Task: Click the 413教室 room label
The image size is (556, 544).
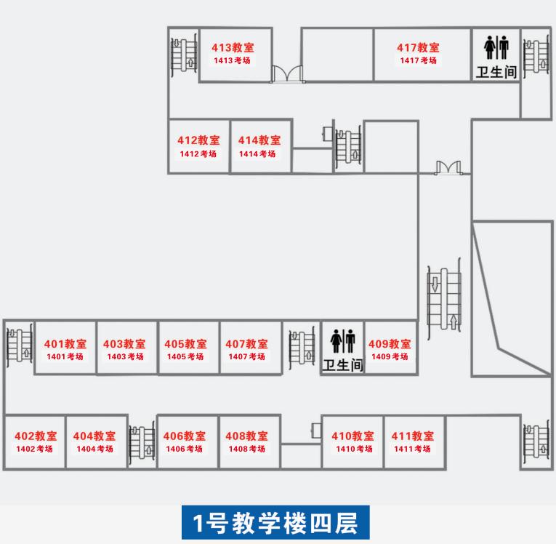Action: pos(233,47)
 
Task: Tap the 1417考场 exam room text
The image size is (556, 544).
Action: pos(418,60)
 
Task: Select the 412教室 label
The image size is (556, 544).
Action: pos(198,140)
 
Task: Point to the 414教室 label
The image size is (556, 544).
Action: pos(259,140)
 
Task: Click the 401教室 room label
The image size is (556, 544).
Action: pos(65,344)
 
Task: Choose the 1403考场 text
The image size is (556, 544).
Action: pos(125,357)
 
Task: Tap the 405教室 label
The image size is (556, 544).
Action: pos(185,344)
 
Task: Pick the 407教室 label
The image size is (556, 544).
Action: pos(246,344)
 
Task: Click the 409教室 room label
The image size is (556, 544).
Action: pos(390,344)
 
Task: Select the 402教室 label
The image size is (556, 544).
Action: pos(36,436)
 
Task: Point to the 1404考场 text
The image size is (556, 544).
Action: pos(94,449)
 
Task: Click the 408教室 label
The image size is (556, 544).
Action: pos(246,436)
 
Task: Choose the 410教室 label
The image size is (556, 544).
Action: pos(352,436)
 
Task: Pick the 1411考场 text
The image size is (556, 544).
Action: pos(413,449)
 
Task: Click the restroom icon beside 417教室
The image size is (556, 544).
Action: pos(496,48)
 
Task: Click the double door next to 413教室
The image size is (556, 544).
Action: pos(287,74)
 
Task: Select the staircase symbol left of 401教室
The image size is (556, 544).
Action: pos(19,345)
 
